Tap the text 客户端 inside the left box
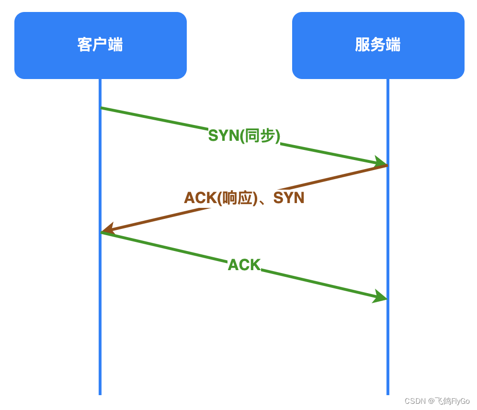tap(100, 45)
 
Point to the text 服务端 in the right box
tap(378, 45)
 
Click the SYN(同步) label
tap(244, 136)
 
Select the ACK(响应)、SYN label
tap(244, 198)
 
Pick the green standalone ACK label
tap(244, 265)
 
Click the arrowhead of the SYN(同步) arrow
tap(381, 162)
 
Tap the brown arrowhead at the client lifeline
tap(107, 229)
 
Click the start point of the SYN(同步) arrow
tap(101, 108)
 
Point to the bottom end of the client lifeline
tap(100, 394)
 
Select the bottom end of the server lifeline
tap(387, 394)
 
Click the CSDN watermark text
tap(415, 401)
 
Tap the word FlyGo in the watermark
tap(460, 401)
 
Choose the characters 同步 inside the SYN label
tap(259, 136)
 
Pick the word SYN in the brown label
tap(289, 198)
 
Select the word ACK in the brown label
tap(200, 198)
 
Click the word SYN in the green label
tap(223, 136)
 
